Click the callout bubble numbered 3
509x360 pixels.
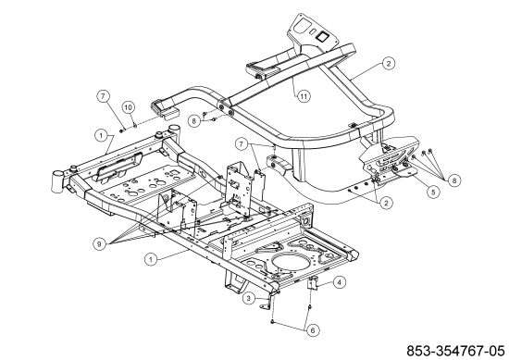[249, 298]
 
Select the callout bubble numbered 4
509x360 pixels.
[340, 282]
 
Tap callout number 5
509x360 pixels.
[433, 192]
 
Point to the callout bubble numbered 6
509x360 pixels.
[313, 330]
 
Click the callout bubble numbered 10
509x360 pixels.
[129, 107]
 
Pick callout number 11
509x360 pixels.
[304, 96]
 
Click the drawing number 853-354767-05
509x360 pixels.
[455, 351]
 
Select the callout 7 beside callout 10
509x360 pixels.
[103, 96]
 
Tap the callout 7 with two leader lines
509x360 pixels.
[242, 144]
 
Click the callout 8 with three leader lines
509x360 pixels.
[453, 180]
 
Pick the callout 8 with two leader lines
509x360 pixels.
[194, 121]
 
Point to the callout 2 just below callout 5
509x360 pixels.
[386, 204]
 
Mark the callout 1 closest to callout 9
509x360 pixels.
[150, 259]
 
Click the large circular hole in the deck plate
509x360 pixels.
[290, 262]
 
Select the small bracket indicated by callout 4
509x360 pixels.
[312, 283]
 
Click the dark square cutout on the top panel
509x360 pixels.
[323, 36]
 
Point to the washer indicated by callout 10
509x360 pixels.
[135, 125]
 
